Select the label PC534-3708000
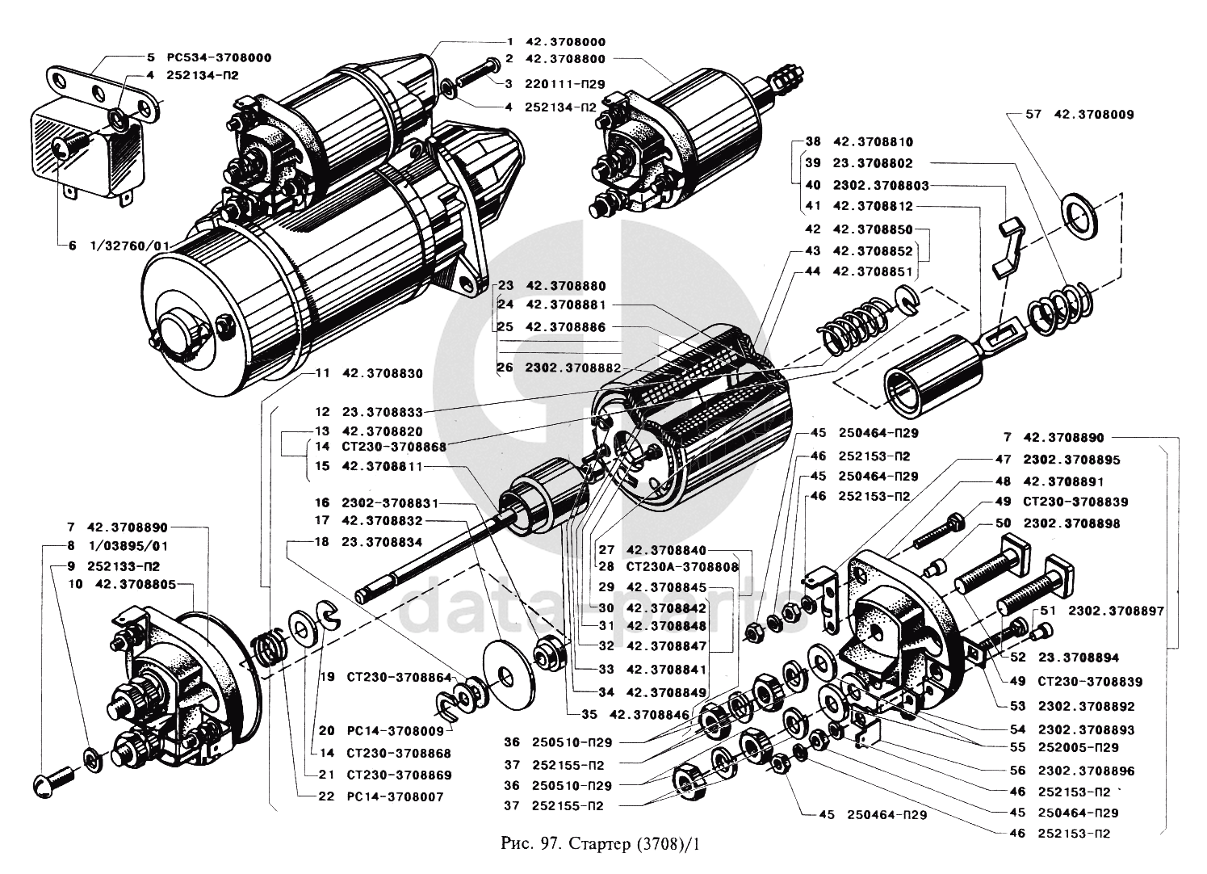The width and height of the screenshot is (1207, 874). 218,58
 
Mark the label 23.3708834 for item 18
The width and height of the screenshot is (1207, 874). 382,543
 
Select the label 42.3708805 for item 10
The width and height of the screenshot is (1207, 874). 141,583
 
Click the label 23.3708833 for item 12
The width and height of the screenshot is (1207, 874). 382,411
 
